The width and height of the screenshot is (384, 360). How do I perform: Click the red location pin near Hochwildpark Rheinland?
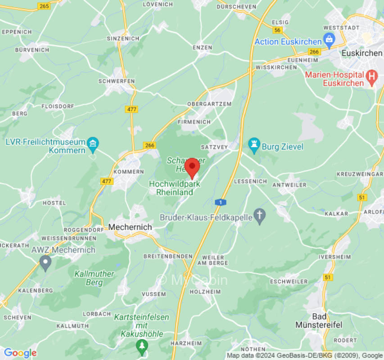click(x=192, y=167)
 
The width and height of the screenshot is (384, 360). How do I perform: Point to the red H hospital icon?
click(x=372, y=77)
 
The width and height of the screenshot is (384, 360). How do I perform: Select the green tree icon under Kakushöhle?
click(x=142, y=346)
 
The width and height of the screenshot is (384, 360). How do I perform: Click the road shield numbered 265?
click(x=44, y=6)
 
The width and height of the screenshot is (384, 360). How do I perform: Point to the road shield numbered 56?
click(x=278, y=30)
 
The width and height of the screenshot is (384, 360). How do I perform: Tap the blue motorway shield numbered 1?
click(x=220, y=202)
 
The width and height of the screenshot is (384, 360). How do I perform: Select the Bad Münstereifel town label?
click(x=319, y=320)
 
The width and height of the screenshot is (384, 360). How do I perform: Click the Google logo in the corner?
click(x=20, y=353)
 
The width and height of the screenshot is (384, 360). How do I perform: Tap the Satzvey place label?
click(x=214, y=147)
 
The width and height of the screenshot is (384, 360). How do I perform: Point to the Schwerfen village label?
click(x=117, y=81)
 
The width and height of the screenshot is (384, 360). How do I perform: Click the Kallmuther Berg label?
click(x=95, y=278)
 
